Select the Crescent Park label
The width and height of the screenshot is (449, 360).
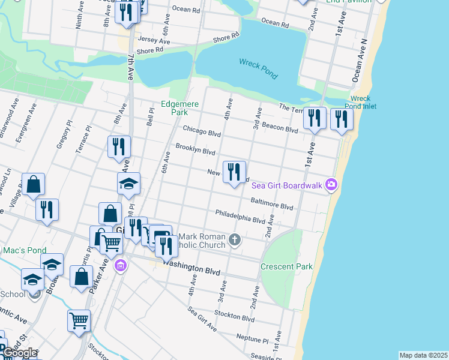click(286, 266)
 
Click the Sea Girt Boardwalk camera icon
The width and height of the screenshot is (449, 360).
click(331, 185)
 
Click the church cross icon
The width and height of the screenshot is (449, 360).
click(235, 240)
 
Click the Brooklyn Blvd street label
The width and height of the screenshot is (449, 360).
click(195, 149)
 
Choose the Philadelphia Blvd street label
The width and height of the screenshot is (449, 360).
click(240, 217)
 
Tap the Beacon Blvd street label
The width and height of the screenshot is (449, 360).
click(280, 127)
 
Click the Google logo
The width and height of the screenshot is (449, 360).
click(19, 353)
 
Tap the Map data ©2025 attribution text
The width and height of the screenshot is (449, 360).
click(423, 355)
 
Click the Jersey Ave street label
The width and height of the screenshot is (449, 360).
click(154, 40)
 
